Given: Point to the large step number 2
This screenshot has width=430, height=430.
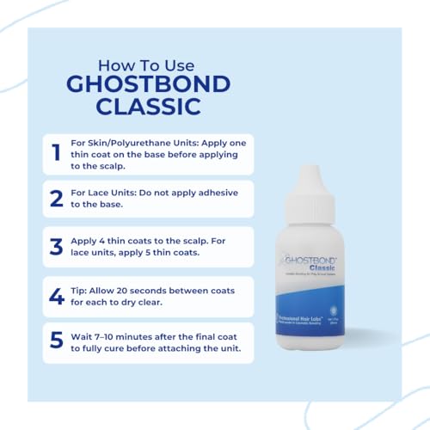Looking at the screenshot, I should point(56,199).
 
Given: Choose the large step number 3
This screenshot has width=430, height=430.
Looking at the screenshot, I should point(56,246).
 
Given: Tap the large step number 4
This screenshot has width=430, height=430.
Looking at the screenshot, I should point(56,297).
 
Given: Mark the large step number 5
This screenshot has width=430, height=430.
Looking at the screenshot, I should point(56,341).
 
